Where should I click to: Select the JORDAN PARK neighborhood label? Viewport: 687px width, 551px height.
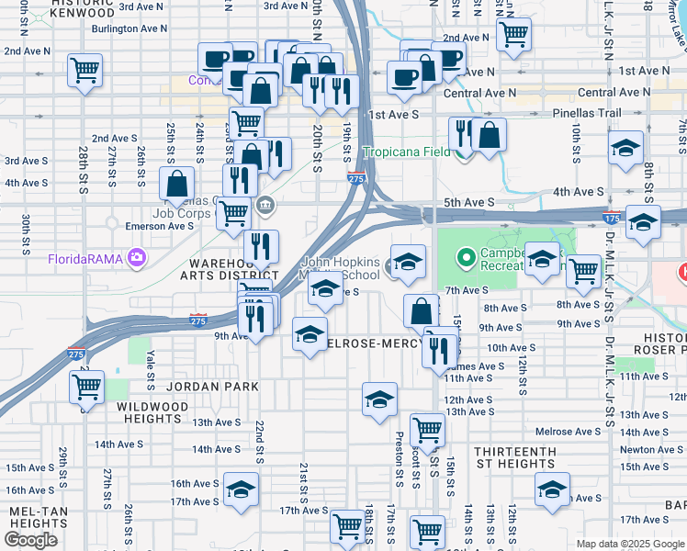[207, 387]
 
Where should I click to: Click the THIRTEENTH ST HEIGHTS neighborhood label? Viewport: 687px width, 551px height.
[514, 457]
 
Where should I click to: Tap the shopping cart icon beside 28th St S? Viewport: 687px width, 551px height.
[84, 70]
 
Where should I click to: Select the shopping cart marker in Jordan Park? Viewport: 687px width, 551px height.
[86, 387]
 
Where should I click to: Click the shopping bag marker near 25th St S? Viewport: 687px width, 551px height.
[176, 183]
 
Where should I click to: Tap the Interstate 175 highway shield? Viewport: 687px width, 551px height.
[611, 219]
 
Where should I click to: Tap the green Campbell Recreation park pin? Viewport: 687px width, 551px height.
[466, 258]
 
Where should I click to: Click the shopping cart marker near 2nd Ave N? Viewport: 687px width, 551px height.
[513, 35]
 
